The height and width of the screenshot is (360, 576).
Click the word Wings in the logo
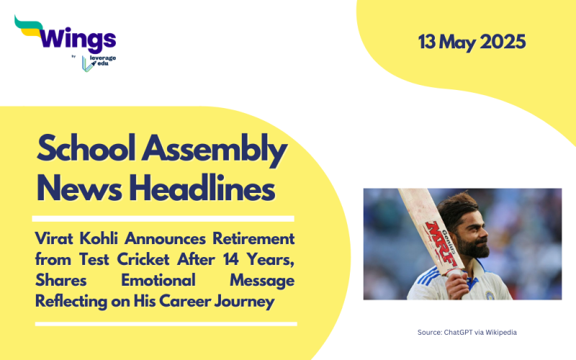76,37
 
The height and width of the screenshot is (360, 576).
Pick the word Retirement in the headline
252,238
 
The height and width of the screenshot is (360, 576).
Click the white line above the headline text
165,218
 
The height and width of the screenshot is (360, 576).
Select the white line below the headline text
165,323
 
